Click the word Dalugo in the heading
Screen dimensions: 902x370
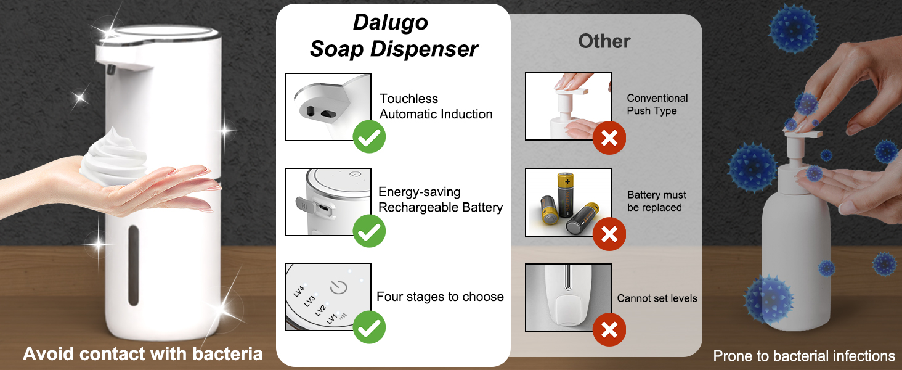pos(390,23)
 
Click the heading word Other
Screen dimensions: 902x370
pos(604,41)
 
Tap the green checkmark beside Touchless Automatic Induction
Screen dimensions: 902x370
pos(369,137)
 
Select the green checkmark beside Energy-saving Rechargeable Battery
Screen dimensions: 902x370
pos(369,231)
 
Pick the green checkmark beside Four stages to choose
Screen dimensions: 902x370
pos(369,327)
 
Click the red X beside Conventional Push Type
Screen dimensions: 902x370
pos(609,138)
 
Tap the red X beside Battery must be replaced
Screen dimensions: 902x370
pos(609,234)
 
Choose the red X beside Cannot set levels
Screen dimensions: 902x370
pos(609,330)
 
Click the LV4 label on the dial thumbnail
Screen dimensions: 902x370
pos(299,290)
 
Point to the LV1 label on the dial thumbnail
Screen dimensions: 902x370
pos(332,318)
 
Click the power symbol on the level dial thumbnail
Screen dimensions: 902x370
pos(339,288)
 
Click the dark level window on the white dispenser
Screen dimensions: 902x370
pos(134,265)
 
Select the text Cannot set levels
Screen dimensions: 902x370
pos(657,298)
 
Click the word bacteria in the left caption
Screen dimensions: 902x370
pos(227,354)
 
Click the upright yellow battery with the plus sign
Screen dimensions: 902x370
pos(566,194)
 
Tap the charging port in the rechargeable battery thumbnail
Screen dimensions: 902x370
pos(323,208)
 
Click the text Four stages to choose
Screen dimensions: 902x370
pos(440,297)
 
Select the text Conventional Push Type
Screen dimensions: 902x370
pos(657,104)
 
